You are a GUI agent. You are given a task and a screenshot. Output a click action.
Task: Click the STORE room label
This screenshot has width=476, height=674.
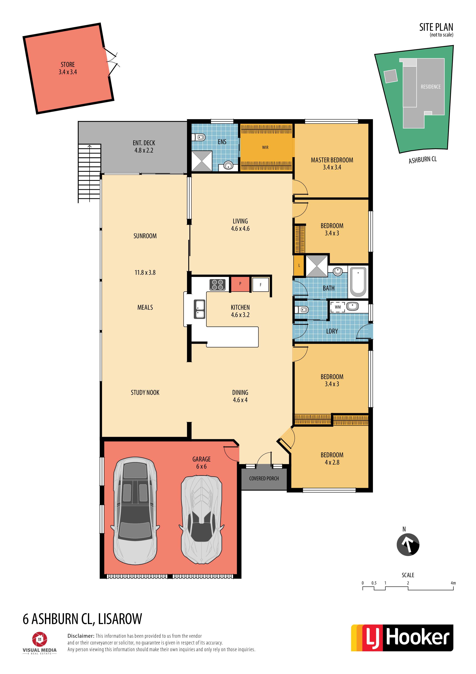pos(68,64)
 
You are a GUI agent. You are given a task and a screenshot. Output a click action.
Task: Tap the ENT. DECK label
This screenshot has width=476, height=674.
pos(144,143)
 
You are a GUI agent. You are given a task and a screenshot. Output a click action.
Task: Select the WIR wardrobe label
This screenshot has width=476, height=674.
pos(265,147)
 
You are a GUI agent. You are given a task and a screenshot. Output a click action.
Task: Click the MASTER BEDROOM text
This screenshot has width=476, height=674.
pos(332,160)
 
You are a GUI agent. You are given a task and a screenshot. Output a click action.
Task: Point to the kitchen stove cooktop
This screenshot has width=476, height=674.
pos(217,285)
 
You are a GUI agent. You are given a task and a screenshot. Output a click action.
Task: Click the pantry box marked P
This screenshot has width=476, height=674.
pos(240,284)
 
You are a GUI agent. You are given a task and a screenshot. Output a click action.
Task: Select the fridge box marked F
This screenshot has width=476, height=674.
pos(260,285)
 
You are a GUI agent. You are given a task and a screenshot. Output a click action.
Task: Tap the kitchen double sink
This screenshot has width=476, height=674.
pos(199,309)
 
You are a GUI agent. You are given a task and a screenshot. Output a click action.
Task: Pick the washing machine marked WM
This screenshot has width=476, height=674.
pos(338,307)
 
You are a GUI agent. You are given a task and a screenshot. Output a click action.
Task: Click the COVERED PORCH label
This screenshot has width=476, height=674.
pos(264,478)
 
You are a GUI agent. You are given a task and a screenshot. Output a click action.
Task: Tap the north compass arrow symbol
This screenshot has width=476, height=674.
pos(408,545)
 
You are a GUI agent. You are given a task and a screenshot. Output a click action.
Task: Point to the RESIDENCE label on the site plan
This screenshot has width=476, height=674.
pos(431,87)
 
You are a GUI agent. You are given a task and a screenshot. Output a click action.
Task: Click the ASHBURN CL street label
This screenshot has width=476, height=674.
pos(423,160)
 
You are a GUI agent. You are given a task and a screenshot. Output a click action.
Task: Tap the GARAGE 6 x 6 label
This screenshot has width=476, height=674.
pos(202,463)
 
